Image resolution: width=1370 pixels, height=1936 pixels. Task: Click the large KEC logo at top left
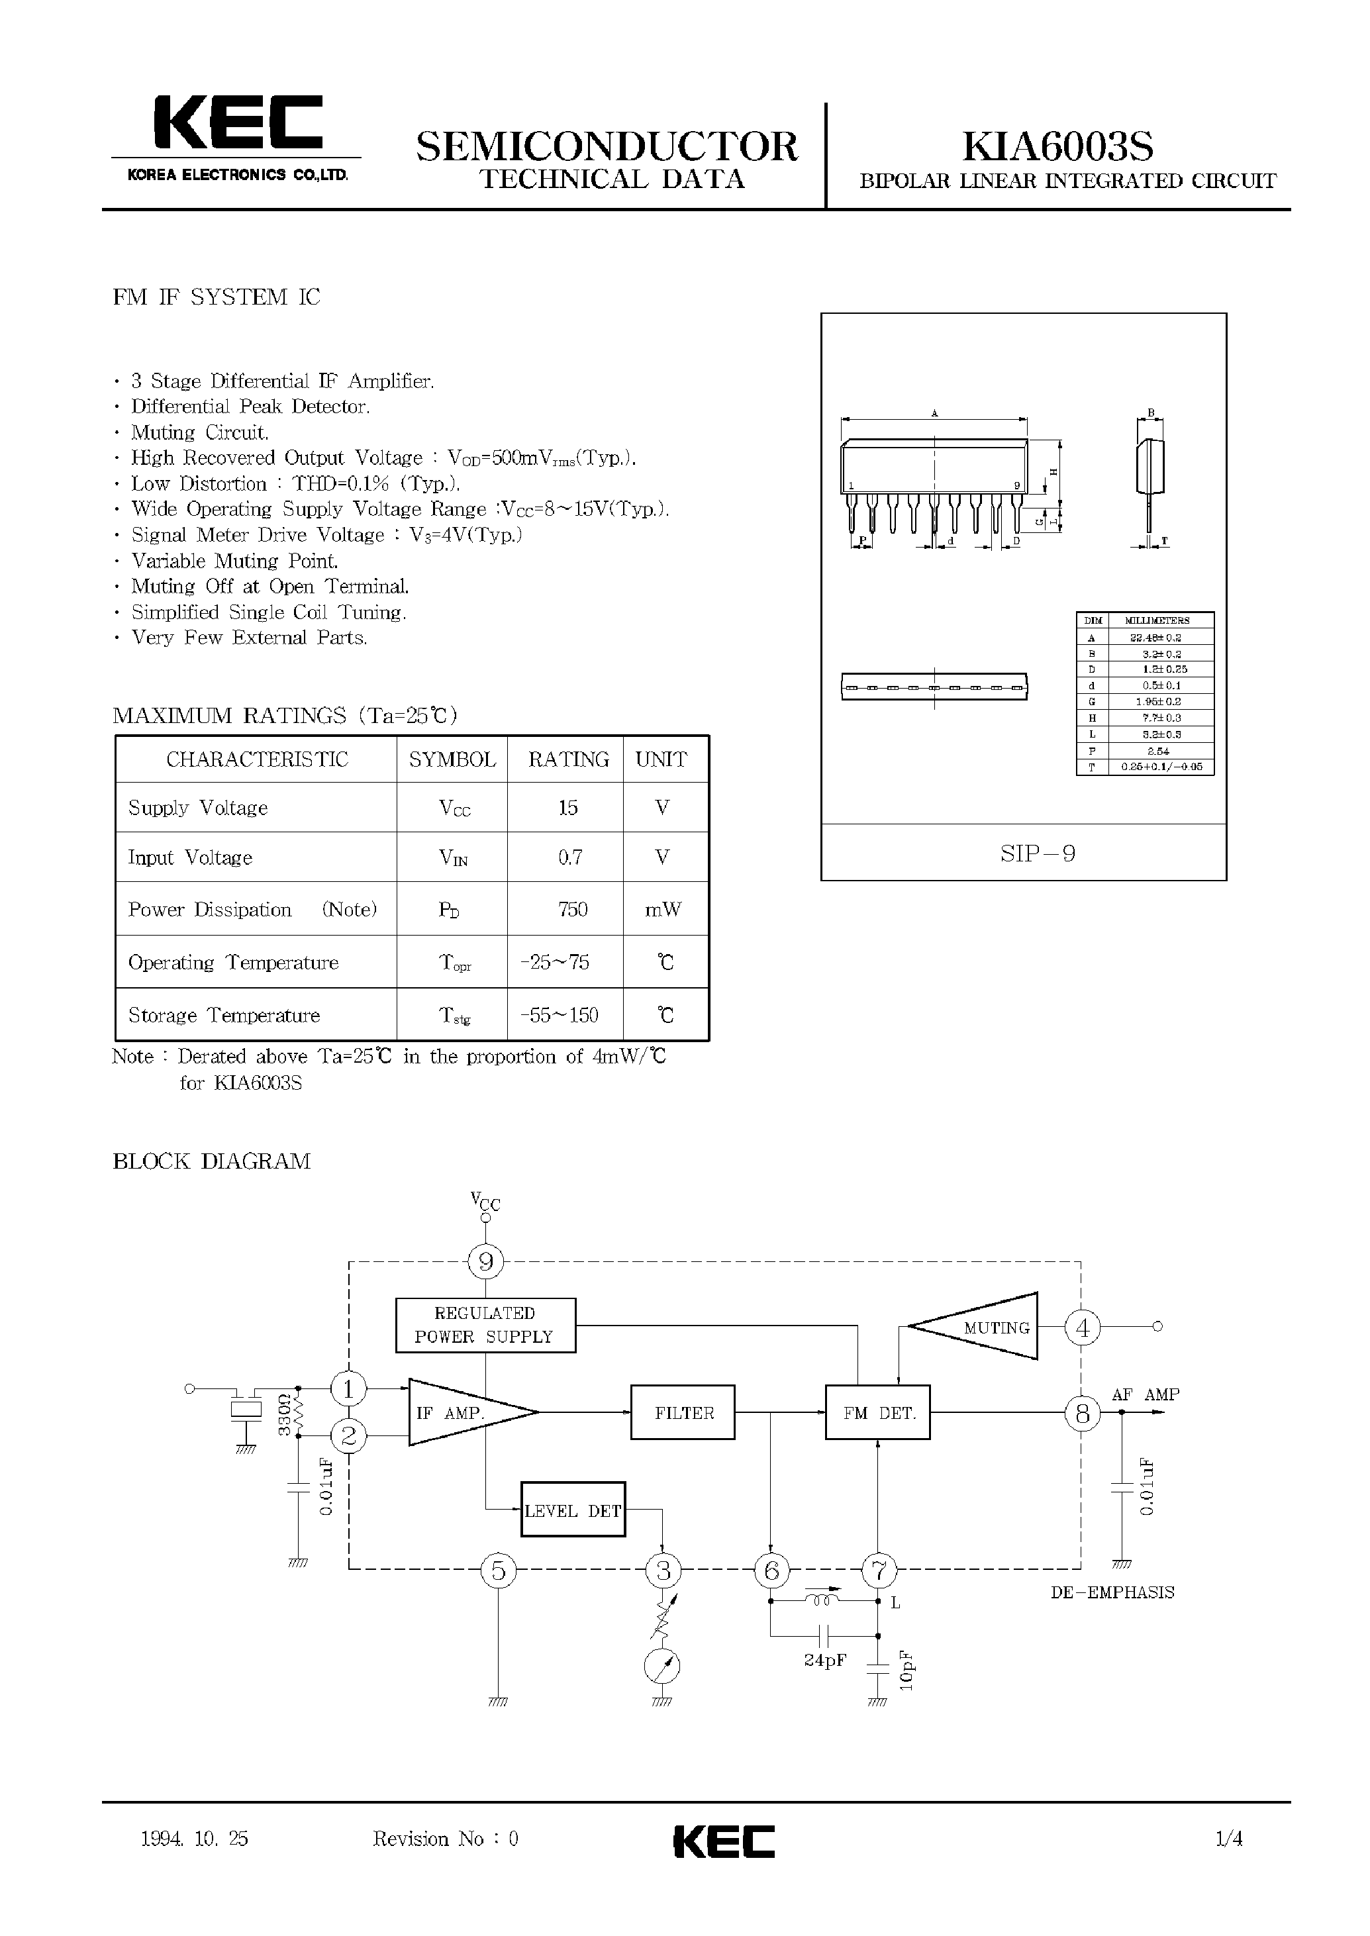click(237, 124)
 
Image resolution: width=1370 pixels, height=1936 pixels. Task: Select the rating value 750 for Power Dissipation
click(572, 909)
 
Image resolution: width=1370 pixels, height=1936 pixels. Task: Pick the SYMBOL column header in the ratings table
click(452, 760)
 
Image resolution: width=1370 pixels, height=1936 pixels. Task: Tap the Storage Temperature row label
click(224, 1016)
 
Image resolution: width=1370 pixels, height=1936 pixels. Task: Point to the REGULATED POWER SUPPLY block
click(485, 1326)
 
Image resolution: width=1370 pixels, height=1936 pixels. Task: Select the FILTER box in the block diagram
click(683, 1413)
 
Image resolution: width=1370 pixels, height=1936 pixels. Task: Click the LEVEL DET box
click(573, 1511)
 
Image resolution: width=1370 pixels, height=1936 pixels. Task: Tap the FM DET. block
click(877, 1413)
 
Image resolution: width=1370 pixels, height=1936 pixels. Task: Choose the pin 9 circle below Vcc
click(485, 1263)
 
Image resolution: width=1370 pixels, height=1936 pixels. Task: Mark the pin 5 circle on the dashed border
click(498, 1571)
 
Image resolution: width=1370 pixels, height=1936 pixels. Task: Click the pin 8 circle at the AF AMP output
click(1083, 1413)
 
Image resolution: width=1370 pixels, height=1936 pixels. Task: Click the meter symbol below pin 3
click(662, 1666)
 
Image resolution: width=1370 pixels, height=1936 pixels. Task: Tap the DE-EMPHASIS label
click(1112, 1592)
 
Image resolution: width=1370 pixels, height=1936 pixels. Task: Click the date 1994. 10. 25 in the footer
click(195, 1839)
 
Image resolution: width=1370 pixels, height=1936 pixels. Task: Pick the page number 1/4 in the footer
click(1228, 1839)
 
